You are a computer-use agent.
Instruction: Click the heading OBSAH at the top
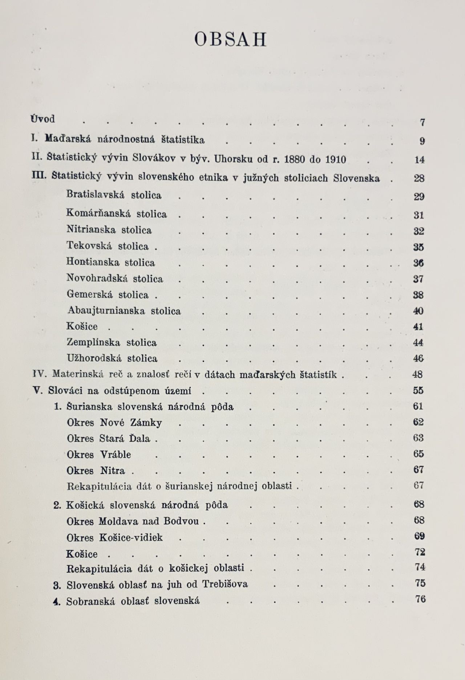(x=230, y=40)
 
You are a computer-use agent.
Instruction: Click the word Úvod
(x=43, y=119)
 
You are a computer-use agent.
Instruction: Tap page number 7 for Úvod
(x=422, y=123)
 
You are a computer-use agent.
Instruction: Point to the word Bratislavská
(x=95, y=194)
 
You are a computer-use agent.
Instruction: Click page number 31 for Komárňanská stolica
(x=418, y=215)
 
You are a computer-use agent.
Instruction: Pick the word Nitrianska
(x=91, y=230)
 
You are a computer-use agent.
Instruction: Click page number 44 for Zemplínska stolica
(x=418, y=343)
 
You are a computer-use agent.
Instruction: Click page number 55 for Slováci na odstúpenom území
(x=418, y=390)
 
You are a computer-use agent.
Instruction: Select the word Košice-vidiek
(x=131, y=537)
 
